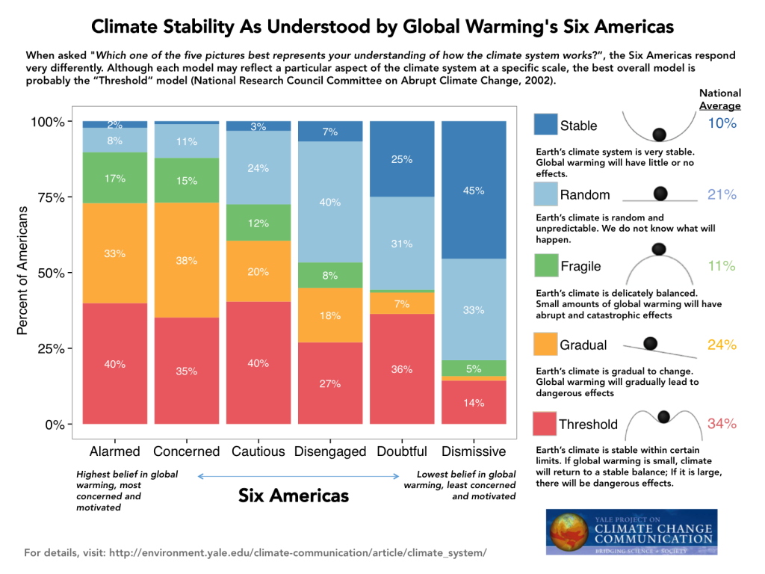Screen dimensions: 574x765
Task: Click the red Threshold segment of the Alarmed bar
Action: click(115, 364)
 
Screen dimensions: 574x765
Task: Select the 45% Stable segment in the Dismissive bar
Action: click(474, 190)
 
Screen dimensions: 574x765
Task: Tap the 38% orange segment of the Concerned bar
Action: click(187, 260)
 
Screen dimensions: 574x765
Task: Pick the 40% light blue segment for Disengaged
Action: click(330, 202)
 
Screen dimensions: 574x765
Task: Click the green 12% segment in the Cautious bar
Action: click(258, 223)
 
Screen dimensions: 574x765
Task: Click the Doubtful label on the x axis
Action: click(402, 451)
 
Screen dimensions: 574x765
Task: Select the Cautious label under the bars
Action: click(258, 451)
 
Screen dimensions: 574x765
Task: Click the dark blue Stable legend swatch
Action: click(546, 125)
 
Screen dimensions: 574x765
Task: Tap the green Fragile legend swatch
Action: click(546, 266)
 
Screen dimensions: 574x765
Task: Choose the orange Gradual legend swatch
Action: click(546, 345)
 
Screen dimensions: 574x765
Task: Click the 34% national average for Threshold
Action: click(722, 424)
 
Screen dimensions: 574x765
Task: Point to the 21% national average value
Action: click(722, 194)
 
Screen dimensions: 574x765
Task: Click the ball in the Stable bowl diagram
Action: click(659, 135)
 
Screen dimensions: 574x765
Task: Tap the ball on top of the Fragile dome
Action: click(658, 249)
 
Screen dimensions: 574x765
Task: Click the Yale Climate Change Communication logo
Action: click(632, 532)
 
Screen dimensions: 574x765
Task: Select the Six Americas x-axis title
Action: click(294, 496)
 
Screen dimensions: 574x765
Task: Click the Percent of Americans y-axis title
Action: click(22, 272)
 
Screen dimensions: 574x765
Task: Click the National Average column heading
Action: click(720, 99)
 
